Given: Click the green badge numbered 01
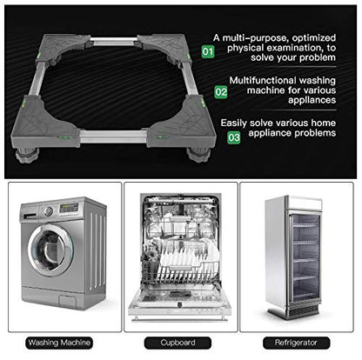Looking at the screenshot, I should click(x=207, y=51).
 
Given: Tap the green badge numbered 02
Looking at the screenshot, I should click(x=221, y=90).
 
